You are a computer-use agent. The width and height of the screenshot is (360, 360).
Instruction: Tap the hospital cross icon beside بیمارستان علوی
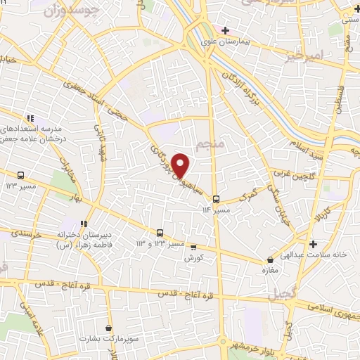tap(225, 30)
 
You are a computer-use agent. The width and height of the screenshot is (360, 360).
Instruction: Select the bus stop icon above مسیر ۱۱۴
tap(216, 198)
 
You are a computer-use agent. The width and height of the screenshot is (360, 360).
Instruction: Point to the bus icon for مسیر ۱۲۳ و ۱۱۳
tap(160, 233)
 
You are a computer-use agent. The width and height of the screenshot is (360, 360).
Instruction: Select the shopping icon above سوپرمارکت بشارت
tap(108, 328)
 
